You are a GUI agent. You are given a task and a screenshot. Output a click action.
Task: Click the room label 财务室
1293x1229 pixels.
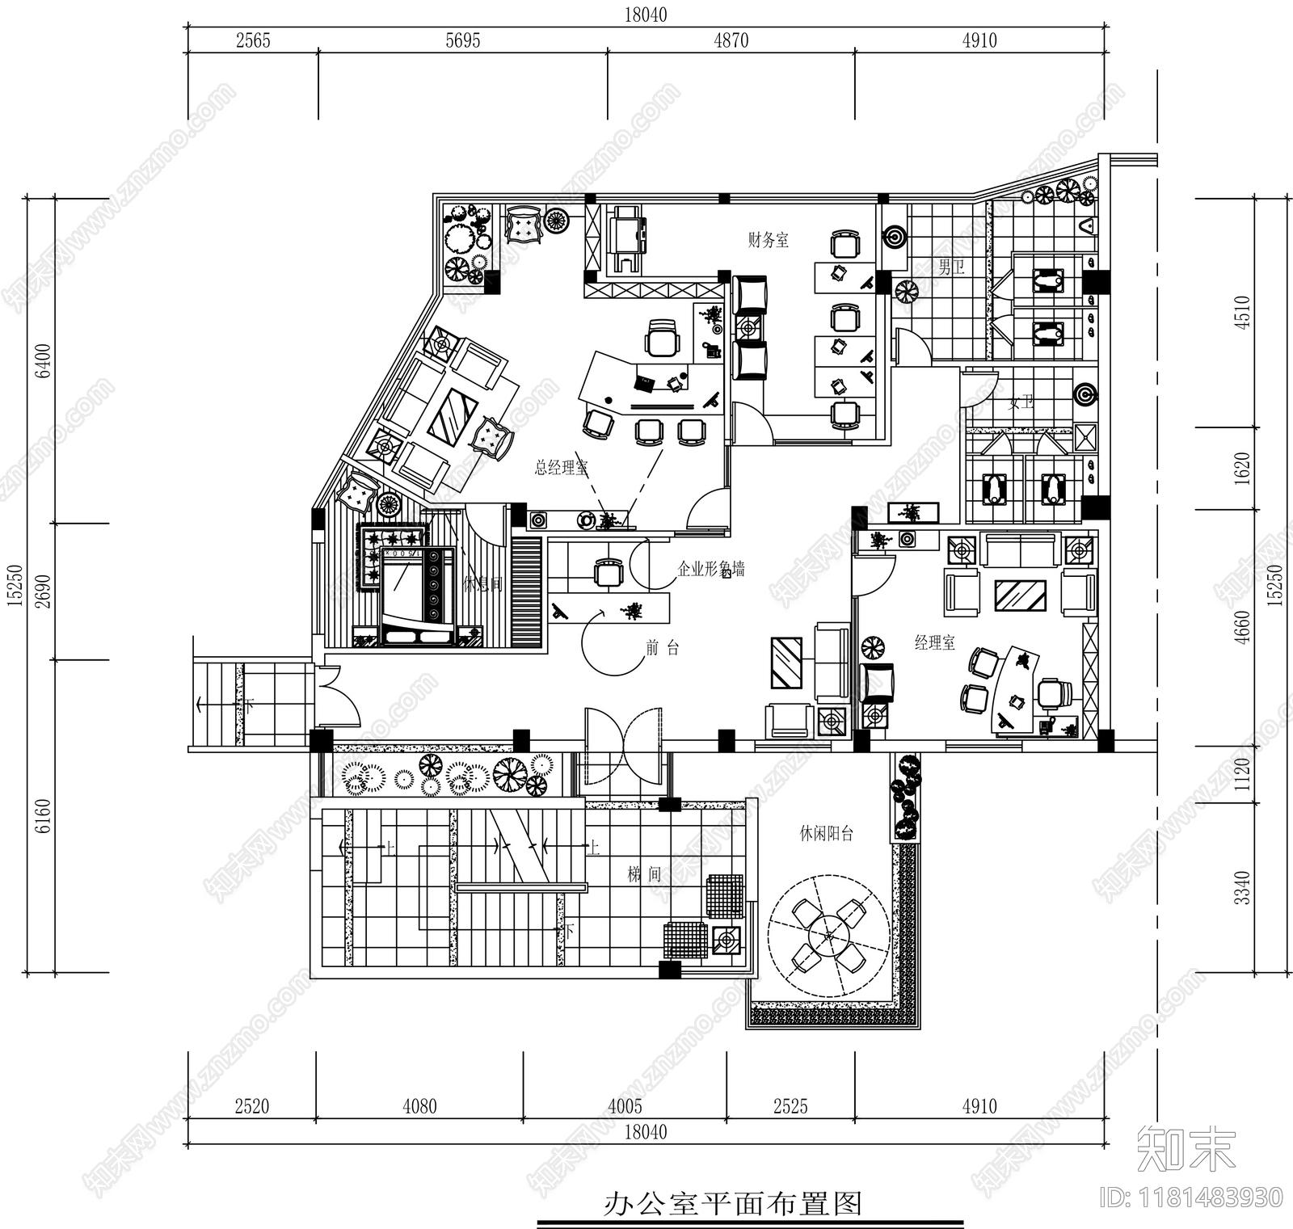[x=768, y=240]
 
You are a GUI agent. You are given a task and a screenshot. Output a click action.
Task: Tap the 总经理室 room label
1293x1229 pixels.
[x=561, y=468]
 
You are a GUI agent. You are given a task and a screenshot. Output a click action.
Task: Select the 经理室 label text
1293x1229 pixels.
[x=934, y=643]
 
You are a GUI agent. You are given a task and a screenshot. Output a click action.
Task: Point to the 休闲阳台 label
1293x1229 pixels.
[x=826, y=834]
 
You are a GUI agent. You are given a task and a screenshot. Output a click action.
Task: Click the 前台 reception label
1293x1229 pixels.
[x=662, y=647]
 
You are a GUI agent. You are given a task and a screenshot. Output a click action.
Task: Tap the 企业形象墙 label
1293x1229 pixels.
[x=710, y=570]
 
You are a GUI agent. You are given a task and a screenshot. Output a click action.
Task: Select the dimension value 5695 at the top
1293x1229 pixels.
[x=463, y=40]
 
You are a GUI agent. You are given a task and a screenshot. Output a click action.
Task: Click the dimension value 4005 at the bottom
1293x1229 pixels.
[x=624, y=1106]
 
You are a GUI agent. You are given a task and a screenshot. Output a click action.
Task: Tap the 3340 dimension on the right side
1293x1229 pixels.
[x=1242, y=887]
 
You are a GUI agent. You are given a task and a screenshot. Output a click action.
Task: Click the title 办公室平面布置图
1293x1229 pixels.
[x=733, y=1205]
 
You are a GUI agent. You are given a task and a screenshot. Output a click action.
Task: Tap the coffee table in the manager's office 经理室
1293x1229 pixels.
[x=1021, y=596]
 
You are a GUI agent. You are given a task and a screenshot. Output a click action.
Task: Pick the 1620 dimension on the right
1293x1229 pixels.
[x=1242, y=468]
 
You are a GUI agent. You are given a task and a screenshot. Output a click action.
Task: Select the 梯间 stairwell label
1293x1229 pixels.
[x=644, y=874]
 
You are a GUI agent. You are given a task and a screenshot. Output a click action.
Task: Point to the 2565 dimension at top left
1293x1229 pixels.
[x=253, y=40]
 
